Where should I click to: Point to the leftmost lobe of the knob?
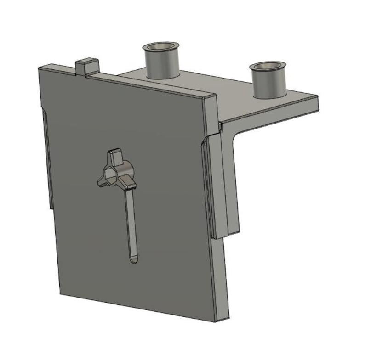click(102, 181)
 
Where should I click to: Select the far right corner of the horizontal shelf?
click(317, 97)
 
